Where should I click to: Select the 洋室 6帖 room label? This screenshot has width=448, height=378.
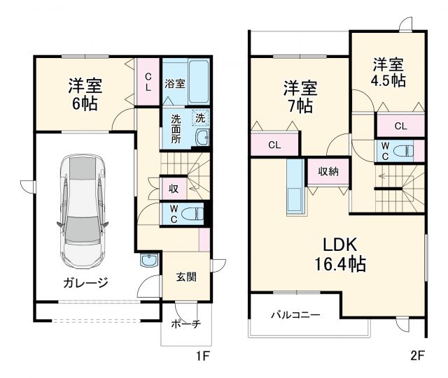pyautogui.click(x=84, y=95)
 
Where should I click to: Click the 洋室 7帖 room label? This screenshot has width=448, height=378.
pyautogui.click(x=299, y=98)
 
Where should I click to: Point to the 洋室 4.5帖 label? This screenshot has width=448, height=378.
pyautogui.click(x=388, y=72)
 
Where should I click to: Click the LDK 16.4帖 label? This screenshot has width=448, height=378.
pyautogui.click(x=339, y=254)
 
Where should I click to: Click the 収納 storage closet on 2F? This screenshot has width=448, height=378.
pyautogui.click(x=328, y=171)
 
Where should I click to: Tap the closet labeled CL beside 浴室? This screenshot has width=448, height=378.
pyautogui.click(x=148, y=83)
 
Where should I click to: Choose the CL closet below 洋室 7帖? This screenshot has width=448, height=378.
pyautogui.click(x=274, y=145)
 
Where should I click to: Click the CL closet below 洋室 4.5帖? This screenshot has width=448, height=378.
pyautogui.click(x=400, y=126)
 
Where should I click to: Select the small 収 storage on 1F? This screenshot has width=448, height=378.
pyautogui.click(x=172, y=188)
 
